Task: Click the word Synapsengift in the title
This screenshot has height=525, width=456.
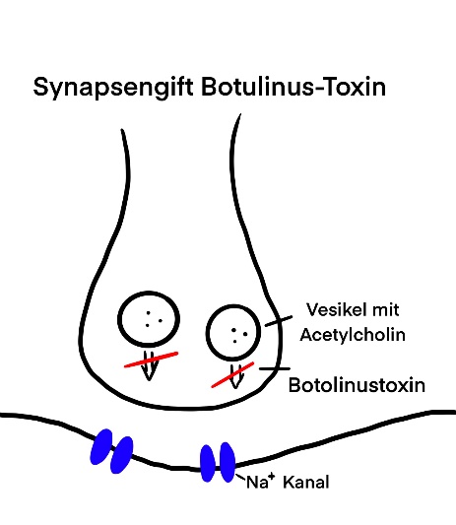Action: (113, 88)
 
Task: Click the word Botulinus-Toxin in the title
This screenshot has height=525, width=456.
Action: (293, 87)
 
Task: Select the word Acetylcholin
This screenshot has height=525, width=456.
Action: (353, 335)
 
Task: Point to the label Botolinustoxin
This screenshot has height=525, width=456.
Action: (357, 385)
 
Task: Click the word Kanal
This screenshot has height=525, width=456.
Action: (306, 483)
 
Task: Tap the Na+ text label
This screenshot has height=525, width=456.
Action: (260, 482)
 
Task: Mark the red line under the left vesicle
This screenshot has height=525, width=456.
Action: (151, 360)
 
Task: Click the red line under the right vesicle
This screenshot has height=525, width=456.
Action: (232, 374)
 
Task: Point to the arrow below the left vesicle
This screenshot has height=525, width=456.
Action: (149, 365)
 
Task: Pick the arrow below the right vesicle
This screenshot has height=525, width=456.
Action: (235, 376)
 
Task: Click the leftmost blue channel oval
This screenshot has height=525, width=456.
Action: (101, 446)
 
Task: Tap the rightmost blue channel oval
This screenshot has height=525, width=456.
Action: (228, 462)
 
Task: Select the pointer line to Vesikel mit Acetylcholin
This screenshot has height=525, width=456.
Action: (279, 321)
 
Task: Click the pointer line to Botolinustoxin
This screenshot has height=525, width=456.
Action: (275, 368)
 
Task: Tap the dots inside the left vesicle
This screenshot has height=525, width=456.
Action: (154, 319)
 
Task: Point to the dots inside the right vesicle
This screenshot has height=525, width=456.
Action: (239, 336)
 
